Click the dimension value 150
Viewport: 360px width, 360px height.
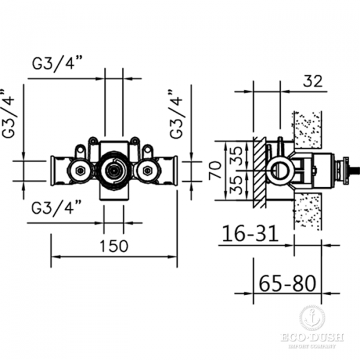pyautogui.click(x=113, y=245)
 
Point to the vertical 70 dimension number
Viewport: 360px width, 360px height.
pyautogui.click(x=214, y=170)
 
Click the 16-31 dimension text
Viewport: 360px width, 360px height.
pyautogui.click(x=250, y=233)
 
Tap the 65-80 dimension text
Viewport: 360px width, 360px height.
pyautogui.click(x=287, y=281)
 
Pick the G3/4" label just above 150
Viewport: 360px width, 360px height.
pyautogui.click(x=57, y=208)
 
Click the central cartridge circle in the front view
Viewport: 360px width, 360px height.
pyautogui.click(x=113, y=170)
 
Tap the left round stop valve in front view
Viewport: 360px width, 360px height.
pyautogui.click(x=78, y=172)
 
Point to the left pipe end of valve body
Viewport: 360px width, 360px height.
pyautogui.click(x=54, y=170)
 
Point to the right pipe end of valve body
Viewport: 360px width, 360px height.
pyautogui.click(x=174, y=170)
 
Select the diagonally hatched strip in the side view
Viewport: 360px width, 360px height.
pyautogui.click(x=259, y=171)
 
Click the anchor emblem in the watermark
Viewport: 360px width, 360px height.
pyautogui.click(x=311, y=317)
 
